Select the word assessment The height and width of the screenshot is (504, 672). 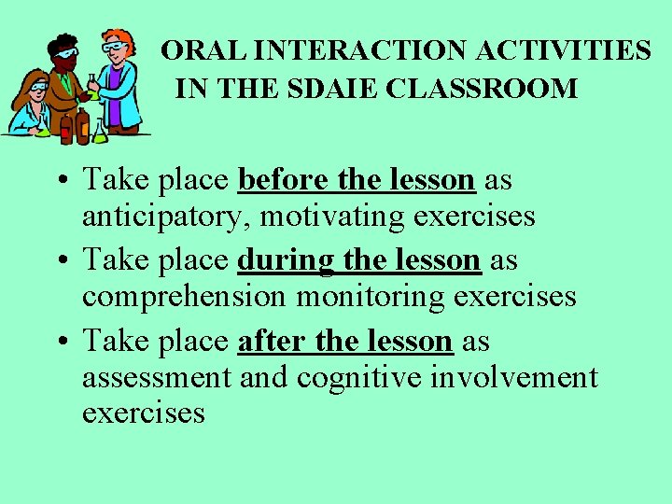click(x=156, y=378)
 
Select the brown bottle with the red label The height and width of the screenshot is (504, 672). click(x=81, y=125)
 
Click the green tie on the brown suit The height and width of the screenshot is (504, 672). click(x=66, y=82)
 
